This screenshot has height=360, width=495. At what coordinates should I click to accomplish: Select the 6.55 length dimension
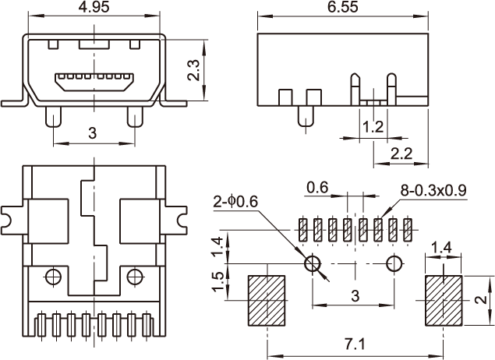[x=343, y=9]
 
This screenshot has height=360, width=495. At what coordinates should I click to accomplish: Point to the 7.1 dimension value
[x=355, y=342]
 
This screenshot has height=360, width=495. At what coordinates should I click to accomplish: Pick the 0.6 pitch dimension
[x=317, y=188]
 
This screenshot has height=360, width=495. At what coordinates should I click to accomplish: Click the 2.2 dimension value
[x=401, y=154]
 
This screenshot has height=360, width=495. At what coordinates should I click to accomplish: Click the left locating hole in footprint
[x=313, y=263]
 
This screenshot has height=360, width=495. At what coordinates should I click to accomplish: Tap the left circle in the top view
[x=53, y=275]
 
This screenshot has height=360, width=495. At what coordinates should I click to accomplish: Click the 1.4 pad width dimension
[x=442, y=248]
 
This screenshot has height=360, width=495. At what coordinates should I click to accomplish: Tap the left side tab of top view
[x=11, y=216]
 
